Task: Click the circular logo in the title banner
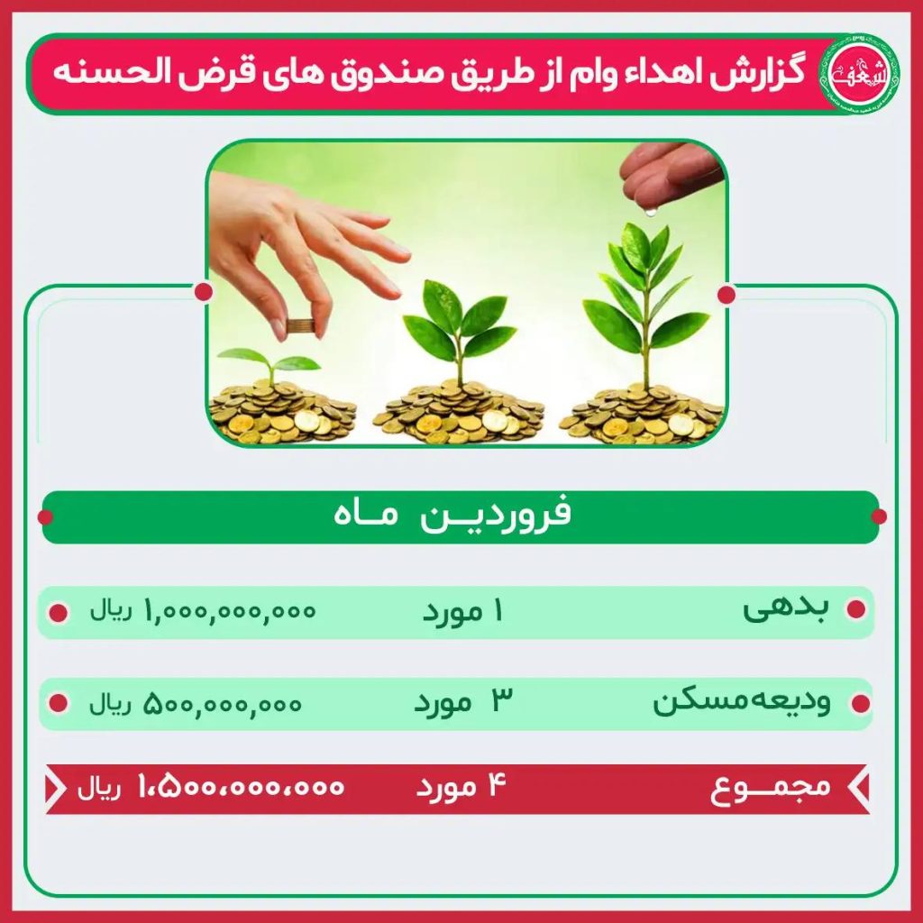pos(859,74)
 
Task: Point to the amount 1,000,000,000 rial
pos(203,611)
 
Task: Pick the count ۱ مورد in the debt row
pos(463,612)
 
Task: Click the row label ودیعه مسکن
pos(742,701)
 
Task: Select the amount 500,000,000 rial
pos(196,703)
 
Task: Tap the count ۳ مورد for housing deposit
pos(463,701)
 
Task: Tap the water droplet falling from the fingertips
pos(650,210)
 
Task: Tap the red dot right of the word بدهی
pos(855,609)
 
